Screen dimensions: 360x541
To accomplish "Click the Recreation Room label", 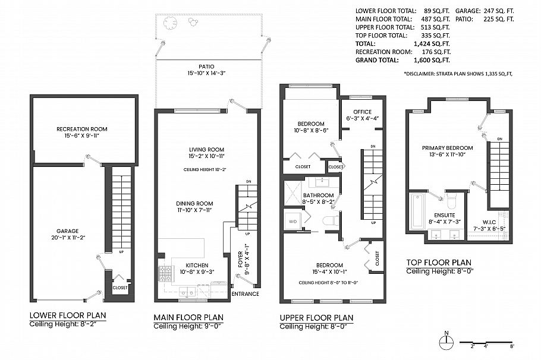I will (x=82, y=129).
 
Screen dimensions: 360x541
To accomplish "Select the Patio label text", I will (x=207, y=67).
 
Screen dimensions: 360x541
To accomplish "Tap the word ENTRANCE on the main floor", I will (x=245, y=293).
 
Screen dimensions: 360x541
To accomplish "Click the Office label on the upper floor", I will (x=362, y=112).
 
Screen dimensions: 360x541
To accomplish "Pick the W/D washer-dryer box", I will (x=292, y=220).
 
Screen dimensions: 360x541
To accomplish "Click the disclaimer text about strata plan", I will (x=458, y=74).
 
